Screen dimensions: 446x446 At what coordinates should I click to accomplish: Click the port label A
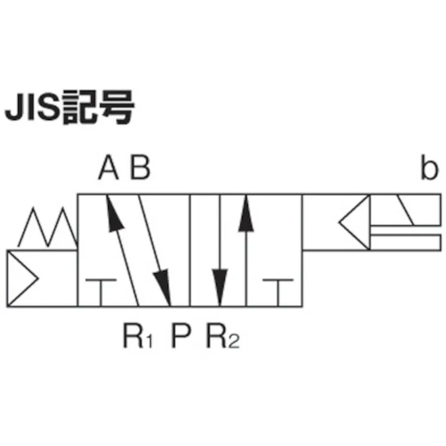(x=108, y=168)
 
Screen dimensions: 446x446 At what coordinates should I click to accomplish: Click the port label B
(x=140, y=168)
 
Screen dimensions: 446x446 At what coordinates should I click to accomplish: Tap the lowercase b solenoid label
(x=430, y=167)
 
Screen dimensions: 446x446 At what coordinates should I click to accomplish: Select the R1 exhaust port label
(x=138, y=336)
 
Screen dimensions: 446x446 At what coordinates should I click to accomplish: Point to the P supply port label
(x=181, y=336)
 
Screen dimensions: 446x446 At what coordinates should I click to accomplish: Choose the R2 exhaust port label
(x=223, y=336)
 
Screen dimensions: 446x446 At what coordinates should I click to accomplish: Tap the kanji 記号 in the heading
(x=98, y=107)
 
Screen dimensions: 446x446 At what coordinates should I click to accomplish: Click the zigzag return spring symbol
(x=48, y=228)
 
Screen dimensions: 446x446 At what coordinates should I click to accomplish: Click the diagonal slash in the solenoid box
(x=405, y=210)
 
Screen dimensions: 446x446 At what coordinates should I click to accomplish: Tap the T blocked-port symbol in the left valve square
(x=101, y=293)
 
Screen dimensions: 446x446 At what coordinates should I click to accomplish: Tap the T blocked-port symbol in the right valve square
(x=278, y=293)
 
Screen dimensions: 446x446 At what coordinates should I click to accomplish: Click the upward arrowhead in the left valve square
(x=114, y=213)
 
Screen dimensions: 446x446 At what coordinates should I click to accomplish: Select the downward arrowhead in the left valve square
(x=163, y=288)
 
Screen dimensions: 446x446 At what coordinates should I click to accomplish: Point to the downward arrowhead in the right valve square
(x=220, y=288)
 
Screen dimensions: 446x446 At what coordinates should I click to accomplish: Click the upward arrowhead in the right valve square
(x=246, y=213)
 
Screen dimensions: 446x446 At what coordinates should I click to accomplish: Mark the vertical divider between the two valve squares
(x=190, y=251)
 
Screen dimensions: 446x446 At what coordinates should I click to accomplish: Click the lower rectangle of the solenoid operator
(x=406, y=243)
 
